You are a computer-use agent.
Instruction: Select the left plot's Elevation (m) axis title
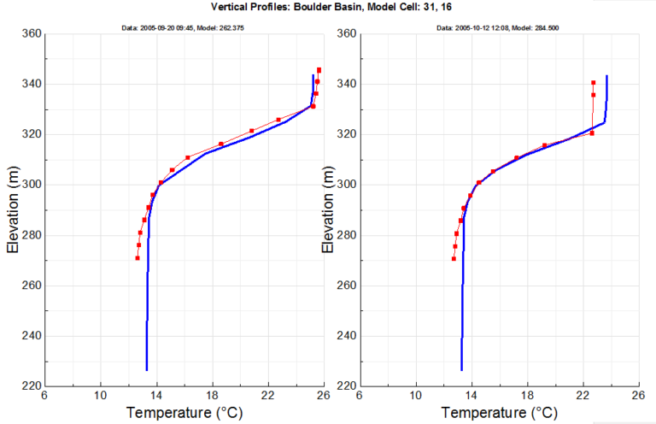pyautogui.click(x=13, y=209)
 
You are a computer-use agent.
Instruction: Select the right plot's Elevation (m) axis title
pyautogui.click(x=327, y=209)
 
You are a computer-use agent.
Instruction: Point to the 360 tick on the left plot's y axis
pyautogui.click(x=28, y=34)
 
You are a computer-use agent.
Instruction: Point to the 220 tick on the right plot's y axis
pyautogui.click(x=343, y=386)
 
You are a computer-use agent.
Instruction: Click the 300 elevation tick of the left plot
pyautogui.click(x=28, y=185)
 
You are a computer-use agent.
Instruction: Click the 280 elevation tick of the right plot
pyautogui.click(x=343, y=235)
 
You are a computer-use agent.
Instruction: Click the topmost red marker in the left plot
pyautogui.click(x=319, y=70)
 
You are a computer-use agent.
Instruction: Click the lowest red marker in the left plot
pyautogui.click(x=138, y=258)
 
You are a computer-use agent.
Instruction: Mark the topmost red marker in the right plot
pyautogui.click(x=593, y=83)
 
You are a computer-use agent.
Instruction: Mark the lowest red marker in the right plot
pyautogui.click(x=454, y=258)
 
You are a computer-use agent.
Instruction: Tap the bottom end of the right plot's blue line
pyautogui.click(x=461, y=370)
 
